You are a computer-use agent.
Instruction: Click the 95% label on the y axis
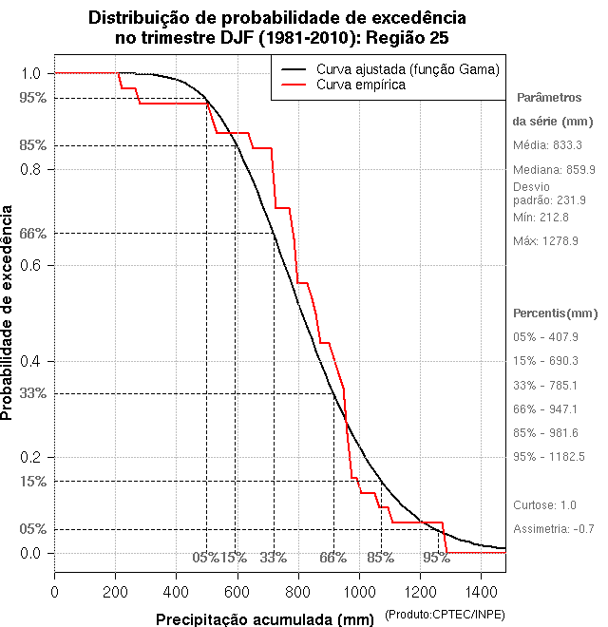pyautogui.click(x=33, y=98)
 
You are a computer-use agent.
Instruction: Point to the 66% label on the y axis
pyautogui.click(x=33, y=234)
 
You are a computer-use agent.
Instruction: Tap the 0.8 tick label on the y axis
pyautogui.click(x=31, y=169)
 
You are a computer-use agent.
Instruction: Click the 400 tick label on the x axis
pyautogui.click(x=177, y=591)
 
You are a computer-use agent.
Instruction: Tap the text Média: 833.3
pyautogui.click(x=547, y=145)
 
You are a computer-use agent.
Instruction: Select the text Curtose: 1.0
pyautogui.click(x=544, y=504)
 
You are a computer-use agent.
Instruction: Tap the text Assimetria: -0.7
pyautogui.click(x=554, y=528)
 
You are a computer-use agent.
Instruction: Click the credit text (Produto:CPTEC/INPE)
pyautogui.click(x=444, y=617)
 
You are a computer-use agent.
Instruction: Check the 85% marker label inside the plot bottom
pyautogui.click(x=381, y=558)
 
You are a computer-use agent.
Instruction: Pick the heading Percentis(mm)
pyautogui.click(x=556, y=313)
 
